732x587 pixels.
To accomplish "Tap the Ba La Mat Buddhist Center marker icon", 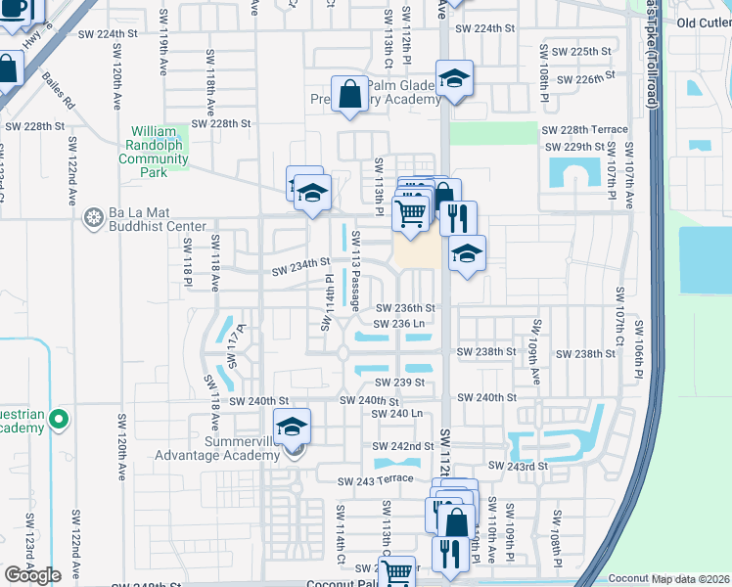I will coord(94,216).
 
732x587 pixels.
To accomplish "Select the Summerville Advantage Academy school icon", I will coord(292,427).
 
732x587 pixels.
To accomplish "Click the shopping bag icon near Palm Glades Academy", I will coord(349,95).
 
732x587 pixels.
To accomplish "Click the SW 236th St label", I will coord(405,308).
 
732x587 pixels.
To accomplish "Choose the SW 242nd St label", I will coord(404,446).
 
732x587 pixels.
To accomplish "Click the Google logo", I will coord(32,575).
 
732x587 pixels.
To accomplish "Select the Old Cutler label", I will coord(704,23).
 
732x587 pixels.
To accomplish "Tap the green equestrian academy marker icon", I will coord(58,420).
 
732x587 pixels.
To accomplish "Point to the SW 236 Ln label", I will coord(400,323).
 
